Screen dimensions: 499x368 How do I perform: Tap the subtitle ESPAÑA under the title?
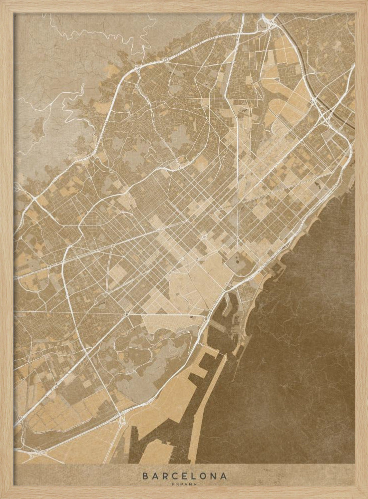pyautogui.click(x=184, y=484)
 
